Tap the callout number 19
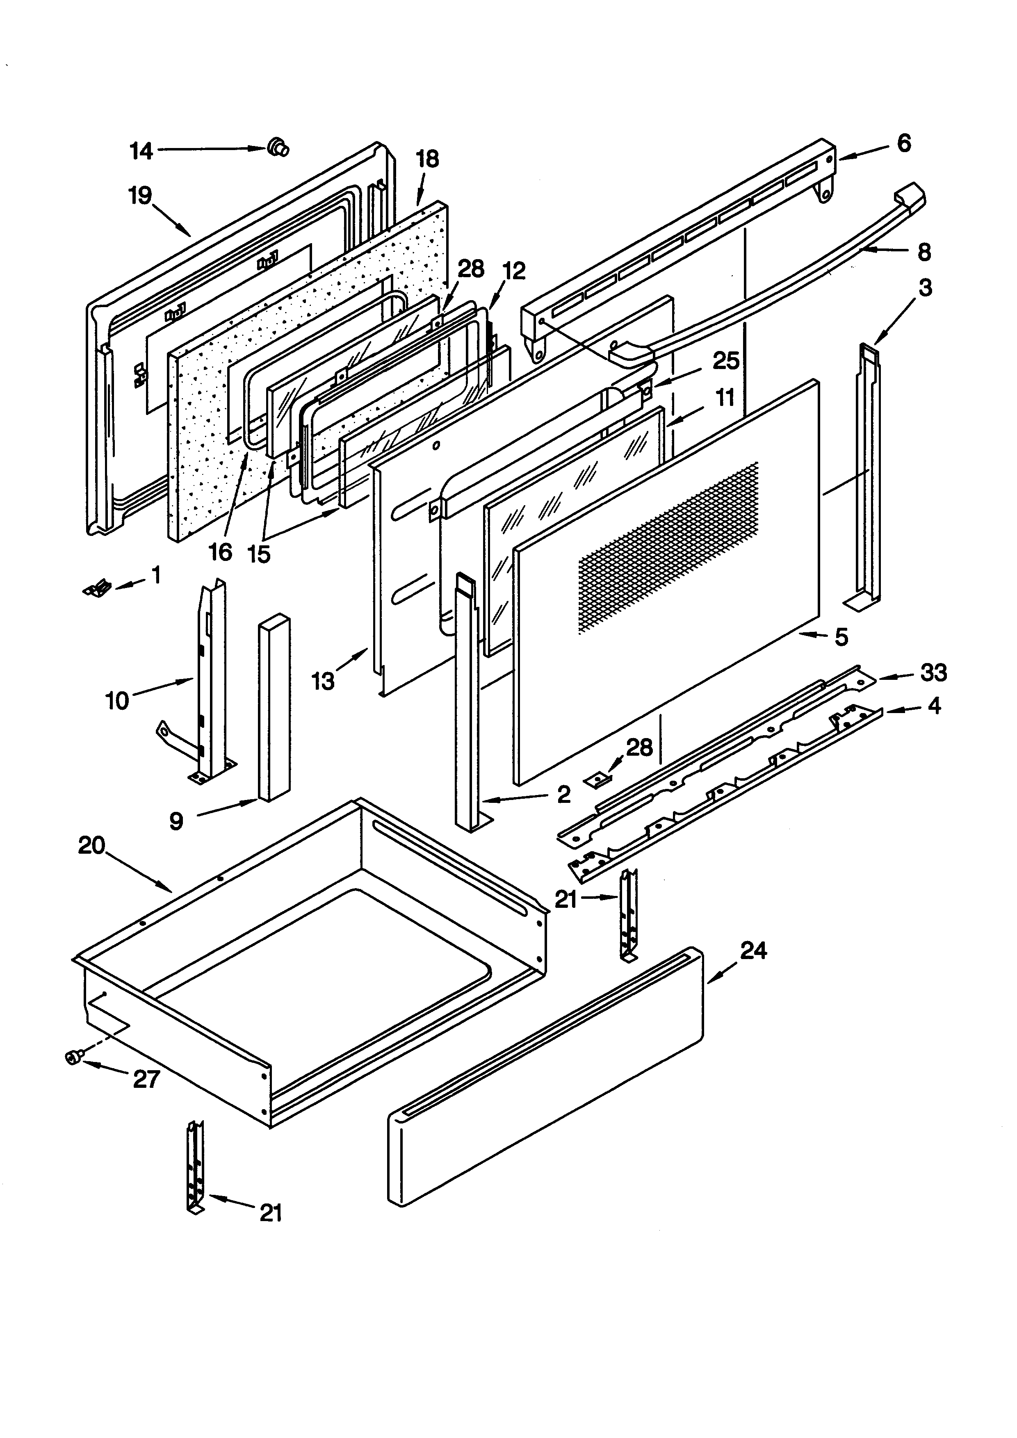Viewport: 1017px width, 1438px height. (140, 196)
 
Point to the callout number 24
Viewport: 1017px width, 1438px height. (753, 951)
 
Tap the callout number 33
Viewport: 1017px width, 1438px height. (933, 672)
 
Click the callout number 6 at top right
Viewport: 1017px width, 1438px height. (904, 144)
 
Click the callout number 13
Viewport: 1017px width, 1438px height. (323, 681)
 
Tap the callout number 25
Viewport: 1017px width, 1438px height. (726, 361)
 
